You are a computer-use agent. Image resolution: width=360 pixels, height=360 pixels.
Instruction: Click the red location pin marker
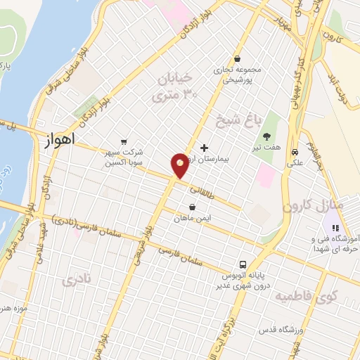pyautogui.click(x=181, y=165)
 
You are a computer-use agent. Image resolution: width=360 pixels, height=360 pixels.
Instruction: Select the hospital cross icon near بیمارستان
pyautogui.click(x=204, y=148)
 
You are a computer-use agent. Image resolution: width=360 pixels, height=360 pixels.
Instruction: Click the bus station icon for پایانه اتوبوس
pyautogui.click(x=243, y=264)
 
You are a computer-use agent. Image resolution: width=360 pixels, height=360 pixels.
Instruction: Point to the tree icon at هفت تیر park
pyautogui.click(x=266, y=136)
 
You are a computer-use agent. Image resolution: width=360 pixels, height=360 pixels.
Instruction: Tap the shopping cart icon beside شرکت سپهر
pyautogui.click(x=124, y=141)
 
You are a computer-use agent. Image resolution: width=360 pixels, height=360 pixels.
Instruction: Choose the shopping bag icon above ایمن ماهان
pyautogui.click(x=193, y=207)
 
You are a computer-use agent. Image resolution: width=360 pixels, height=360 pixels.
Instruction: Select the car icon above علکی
pyautogui.click(x=295, y=151)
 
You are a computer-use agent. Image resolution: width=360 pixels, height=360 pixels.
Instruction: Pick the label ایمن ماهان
pyautogui.click(x=193, y=219)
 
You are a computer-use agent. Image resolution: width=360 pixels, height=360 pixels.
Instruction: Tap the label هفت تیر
pyautogui.click(x=267, y=148)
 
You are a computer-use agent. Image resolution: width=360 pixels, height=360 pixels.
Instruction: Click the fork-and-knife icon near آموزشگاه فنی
pyautogui.click(x=335, y=229)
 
